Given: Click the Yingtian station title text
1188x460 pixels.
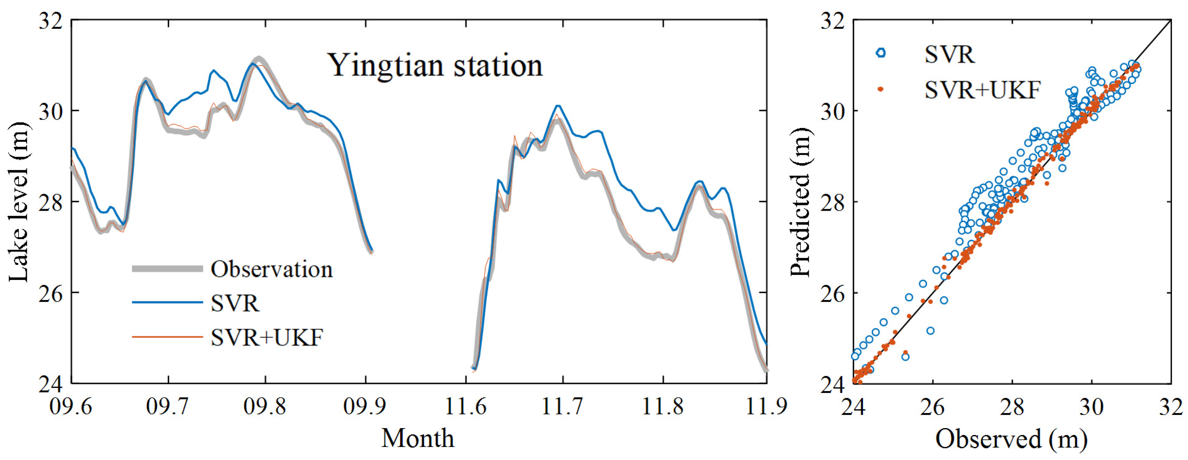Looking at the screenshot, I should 435,66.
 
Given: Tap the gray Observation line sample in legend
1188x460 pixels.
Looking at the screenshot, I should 167,269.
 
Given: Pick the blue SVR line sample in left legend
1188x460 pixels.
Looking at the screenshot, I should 167,303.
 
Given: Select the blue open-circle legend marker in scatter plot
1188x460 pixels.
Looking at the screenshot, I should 880,53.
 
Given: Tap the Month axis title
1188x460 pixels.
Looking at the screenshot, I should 418,438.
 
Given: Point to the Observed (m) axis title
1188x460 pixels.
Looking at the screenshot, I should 1011,439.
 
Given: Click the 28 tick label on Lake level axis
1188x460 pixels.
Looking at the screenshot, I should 51,202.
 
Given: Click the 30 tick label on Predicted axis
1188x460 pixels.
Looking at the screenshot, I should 832,111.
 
